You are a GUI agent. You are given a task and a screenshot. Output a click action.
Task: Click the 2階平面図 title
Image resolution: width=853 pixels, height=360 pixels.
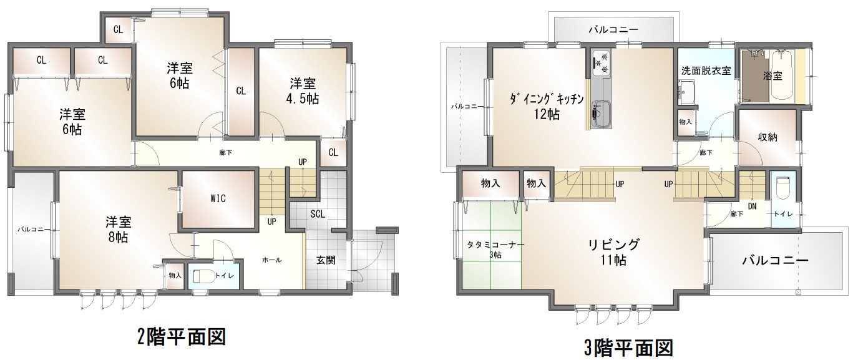coord(182,336)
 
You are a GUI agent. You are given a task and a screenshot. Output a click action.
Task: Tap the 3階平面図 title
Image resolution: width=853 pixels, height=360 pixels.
coord(629,348)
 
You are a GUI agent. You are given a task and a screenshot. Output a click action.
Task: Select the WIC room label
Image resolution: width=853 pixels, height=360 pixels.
coord(218,198)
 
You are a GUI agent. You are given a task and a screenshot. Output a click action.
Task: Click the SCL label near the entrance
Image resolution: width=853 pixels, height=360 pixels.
coord(318,214)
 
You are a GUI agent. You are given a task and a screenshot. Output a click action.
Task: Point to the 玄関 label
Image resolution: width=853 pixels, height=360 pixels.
coord(326,260)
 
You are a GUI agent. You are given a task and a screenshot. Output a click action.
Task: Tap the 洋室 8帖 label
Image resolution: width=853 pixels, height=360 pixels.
coord(118,230)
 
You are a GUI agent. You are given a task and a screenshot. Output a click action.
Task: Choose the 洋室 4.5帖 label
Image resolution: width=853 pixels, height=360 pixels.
coord(303,90)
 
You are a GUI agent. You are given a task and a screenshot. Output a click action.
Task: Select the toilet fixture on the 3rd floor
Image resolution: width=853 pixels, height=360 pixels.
coord(782,188)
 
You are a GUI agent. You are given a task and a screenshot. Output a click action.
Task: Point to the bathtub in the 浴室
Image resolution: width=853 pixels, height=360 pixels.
coord(782,75)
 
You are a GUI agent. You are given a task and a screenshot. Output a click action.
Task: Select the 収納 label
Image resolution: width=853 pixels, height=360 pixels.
coord(768,137)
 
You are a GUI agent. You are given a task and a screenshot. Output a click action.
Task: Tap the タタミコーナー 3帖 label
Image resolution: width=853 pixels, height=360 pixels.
coord(495,250)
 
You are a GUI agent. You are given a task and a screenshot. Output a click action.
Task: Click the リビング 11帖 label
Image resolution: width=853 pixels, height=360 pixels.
coord(614,252)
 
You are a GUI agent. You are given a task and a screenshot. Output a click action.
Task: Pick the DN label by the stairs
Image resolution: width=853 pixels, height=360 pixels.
coord(752,206)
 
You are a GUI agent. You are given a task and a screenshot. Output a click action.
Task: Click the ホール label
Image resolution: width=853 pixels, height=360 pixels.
coord(272,260)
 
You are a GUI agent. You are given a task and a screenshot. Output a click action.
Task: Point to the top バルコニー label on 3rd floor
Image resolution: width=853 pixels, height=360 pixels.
coord(613,29)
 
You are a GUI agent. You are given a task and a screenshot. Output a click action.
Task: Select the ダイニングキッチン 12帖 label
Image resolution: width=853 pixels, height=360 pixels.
coord(547,106)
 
